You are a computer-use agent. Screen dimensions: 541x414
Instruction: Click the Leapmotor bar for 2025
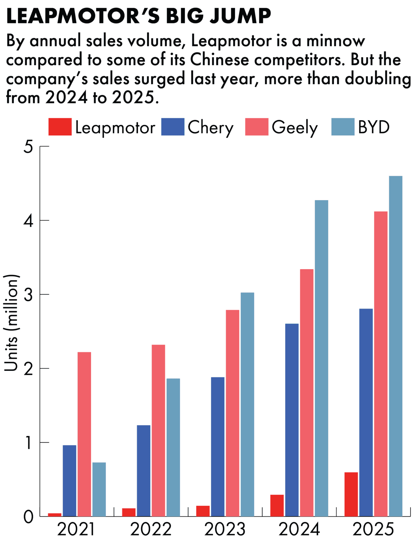[351, 494]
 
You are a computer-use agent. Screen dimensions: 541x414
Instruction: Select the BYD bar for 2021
[99, 489]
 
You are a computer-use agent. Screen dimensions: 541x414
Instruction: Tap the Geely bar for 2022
[158, 430]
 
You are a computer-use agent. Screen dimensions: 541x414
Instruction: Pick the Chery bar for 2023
[218, 447]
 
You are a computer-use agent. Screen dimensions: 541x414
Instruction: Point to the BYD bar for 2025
[396, 346]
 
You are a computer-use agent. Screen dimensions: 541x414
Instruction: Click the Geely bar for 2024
[307, 392]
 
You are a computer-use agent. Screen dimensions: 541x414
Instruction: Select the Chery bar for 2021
[69, 481]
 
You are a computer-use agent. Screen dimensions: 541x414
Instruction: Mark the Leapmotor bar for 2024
[277, 506]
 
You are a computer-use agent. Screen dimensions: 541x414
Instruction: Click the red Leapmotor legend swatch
[60, 127]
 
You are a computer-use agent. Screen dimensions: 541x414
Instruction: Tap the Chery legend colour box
[172, 127]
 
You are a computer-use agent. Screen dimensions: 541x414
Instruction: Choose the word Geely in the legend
[295, 127]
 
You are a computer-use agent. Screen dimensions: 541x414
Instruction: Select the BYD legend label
[374, 127]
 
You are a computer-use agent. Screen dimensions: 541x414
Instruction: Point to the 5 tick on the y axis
[28, 147]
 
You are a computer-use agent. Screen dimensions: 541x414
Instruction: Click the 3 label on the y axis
[28, 295]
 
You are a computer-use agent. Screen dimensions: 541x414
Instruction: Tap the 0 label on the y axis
[28, 517]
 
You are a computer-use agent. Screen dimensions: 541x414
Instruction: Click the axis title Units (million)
[11, 323]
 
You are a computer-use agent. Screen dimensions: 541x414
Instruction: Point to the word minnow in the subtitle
[336, 41]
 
